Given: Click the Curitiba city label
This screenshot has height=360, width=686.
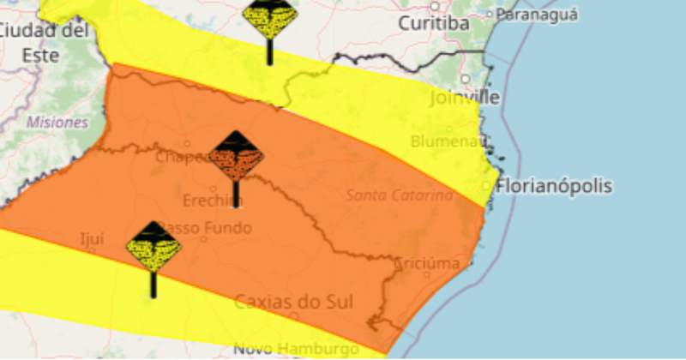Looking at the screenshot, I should pyautogui.click(x=435, y=24).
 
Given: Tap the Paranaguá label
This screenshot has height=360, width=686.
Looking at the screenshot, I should pyautogui.click(x=537, y=15).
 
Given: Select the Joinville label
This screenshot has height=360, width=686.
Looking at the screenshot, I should pyautogui.click(x=464, y=98).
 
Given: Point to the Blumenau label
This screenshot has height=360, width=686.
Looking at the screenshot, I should pyautogui.click(x=448, y=141).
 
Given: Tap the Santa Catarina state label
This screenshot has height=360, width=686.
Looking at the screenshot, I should pyautogui.click(x=399, y=195).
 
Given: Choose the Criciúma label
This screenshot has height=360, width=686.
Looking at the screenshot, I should pyautogui.click(x=428, y=263).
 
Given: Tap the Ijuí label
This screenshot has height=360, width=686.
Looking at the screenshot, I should pyautogui.click(x=91, y=239).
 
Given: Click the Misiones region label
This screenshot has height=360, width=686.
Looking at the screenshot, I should pyautogui.click(x=57, y=123).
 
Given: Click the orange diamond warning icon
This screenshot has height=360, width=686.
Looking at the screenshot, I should pyautogui.click(x=236, y=157).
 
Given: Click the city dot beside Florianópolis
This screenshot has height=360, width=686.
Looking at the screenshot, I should pyautogui.click(x=486, y=186).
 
